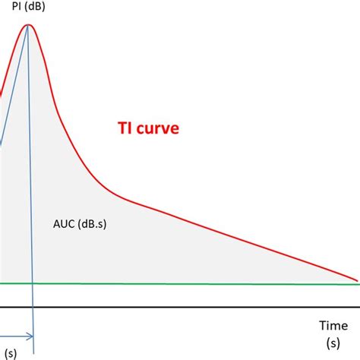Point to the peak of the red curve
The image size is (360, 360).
point(29,25)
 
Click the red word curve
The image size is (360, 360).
point(157,129)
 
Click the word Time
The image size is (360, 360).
point(333,325)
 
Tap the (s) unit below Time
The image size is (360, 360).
point(333,343)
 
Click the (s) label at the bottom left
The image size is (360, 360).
point(11,352)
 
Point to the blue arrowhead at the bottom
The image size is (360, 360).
point(30,335)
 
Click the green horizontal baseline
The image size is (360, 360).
point(190,284)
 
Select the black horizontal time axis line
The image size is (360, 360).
point(190,308)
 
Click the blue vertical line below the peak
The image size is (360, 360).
point(31,190)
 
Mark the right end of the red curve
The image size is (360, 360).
point(358,279)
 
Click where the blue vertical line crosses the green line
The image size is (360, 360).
point(33,284)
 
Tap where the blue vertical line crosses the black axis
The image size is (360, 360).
point(33,308)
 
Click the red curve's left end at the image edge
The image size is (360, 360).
point(1,95)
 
